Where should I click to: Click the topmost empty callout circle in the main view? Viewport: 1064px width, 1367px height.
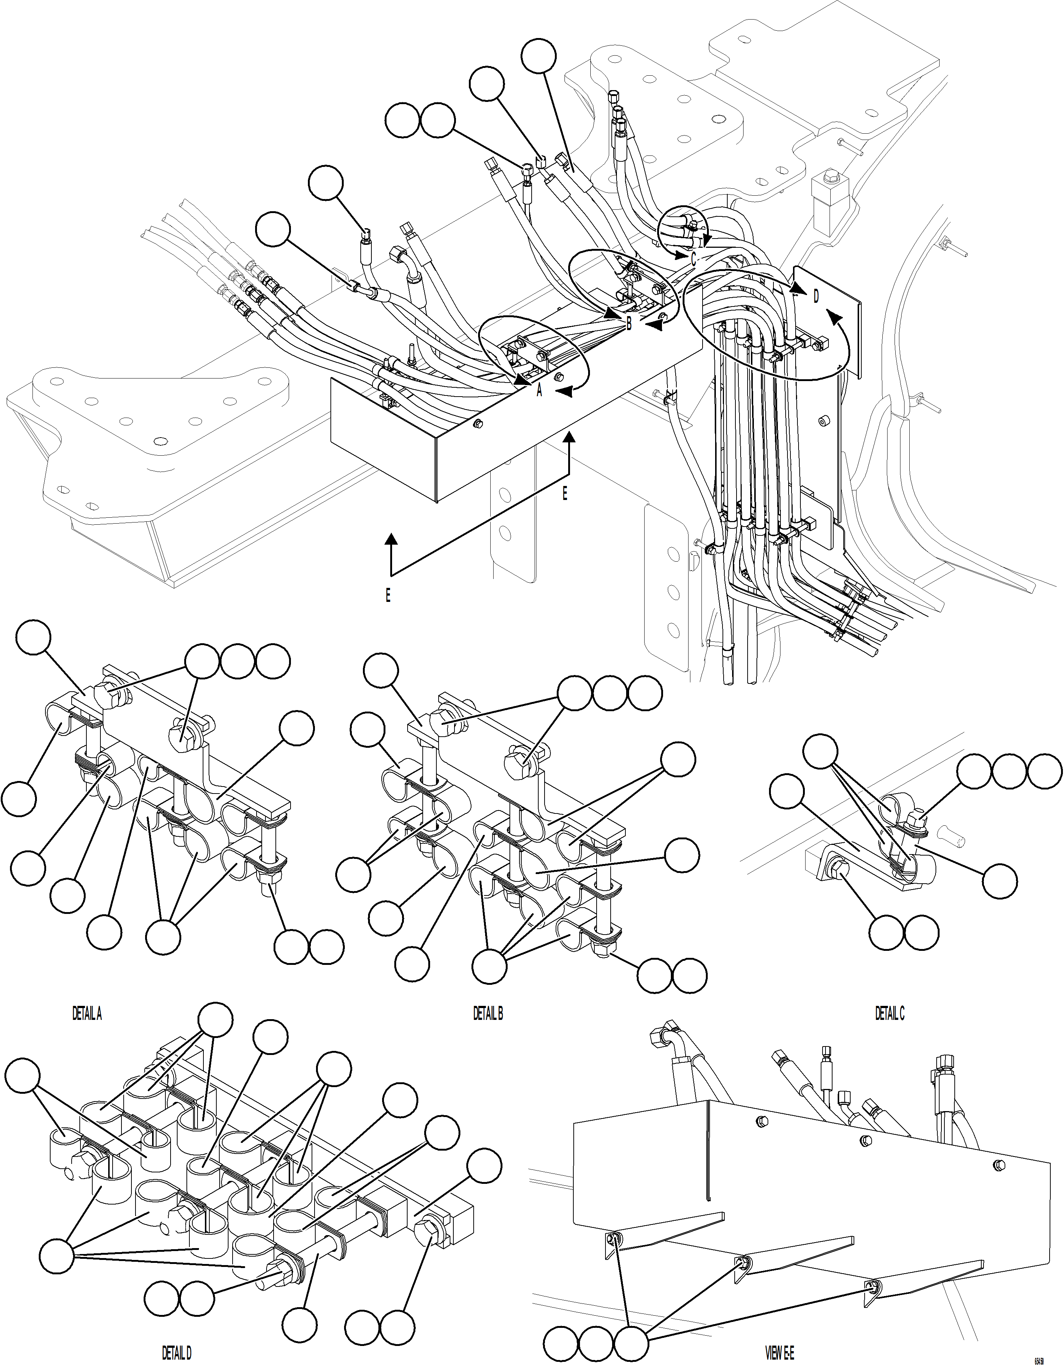pyautogui.click(x=539, y=56)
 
